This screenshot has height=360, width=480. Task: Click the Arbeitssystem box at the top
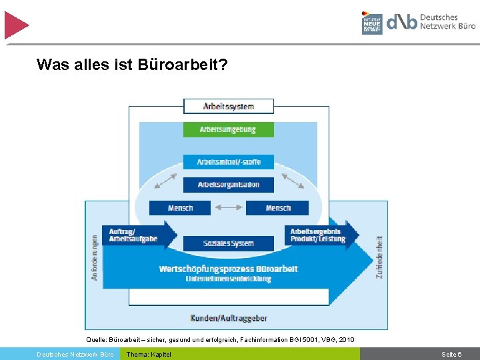coord(229,106)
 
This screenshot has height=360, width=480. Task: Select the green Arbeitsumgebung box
coord(228,129)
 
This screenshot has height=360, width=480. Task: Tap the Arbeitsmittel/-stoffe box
coord(229,162)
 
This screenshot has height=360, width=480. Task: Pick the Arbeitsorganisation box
coord(229,185)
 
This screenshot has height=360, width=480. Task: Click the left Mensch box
coord(180,208)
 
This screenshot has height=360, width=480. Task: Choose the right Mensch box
coord(277,208)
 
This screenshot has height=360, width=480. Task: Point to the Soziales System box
coord(229,243)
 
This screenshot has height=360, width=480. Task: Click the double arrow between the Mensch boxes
coord(229,208)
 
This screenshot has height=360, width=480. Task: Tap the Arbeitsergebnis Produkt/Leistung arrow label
coord(319,235)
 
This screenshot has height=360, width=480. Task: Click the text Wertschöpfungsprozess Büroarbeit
coord(229,269)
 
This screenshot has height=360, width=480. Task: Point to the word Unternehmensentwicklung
coord(229,279)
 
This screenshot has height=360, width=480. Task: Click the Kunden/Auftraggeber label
coord(229,319)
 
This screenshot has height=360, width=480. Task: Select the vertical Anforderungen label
coord(95,257)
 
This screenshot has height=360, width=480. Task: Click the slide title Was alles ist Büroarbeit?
coord(132,65)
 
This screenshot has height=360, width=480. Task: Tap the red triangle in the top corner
coord(15,25)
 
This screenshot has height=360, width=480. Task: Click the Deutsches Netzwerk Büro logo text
coord(447,22)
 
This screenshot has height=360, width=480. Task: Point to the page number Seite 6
coord(451,354)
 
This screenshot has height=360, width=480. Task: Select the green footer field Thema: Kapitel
coord(149,354)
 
